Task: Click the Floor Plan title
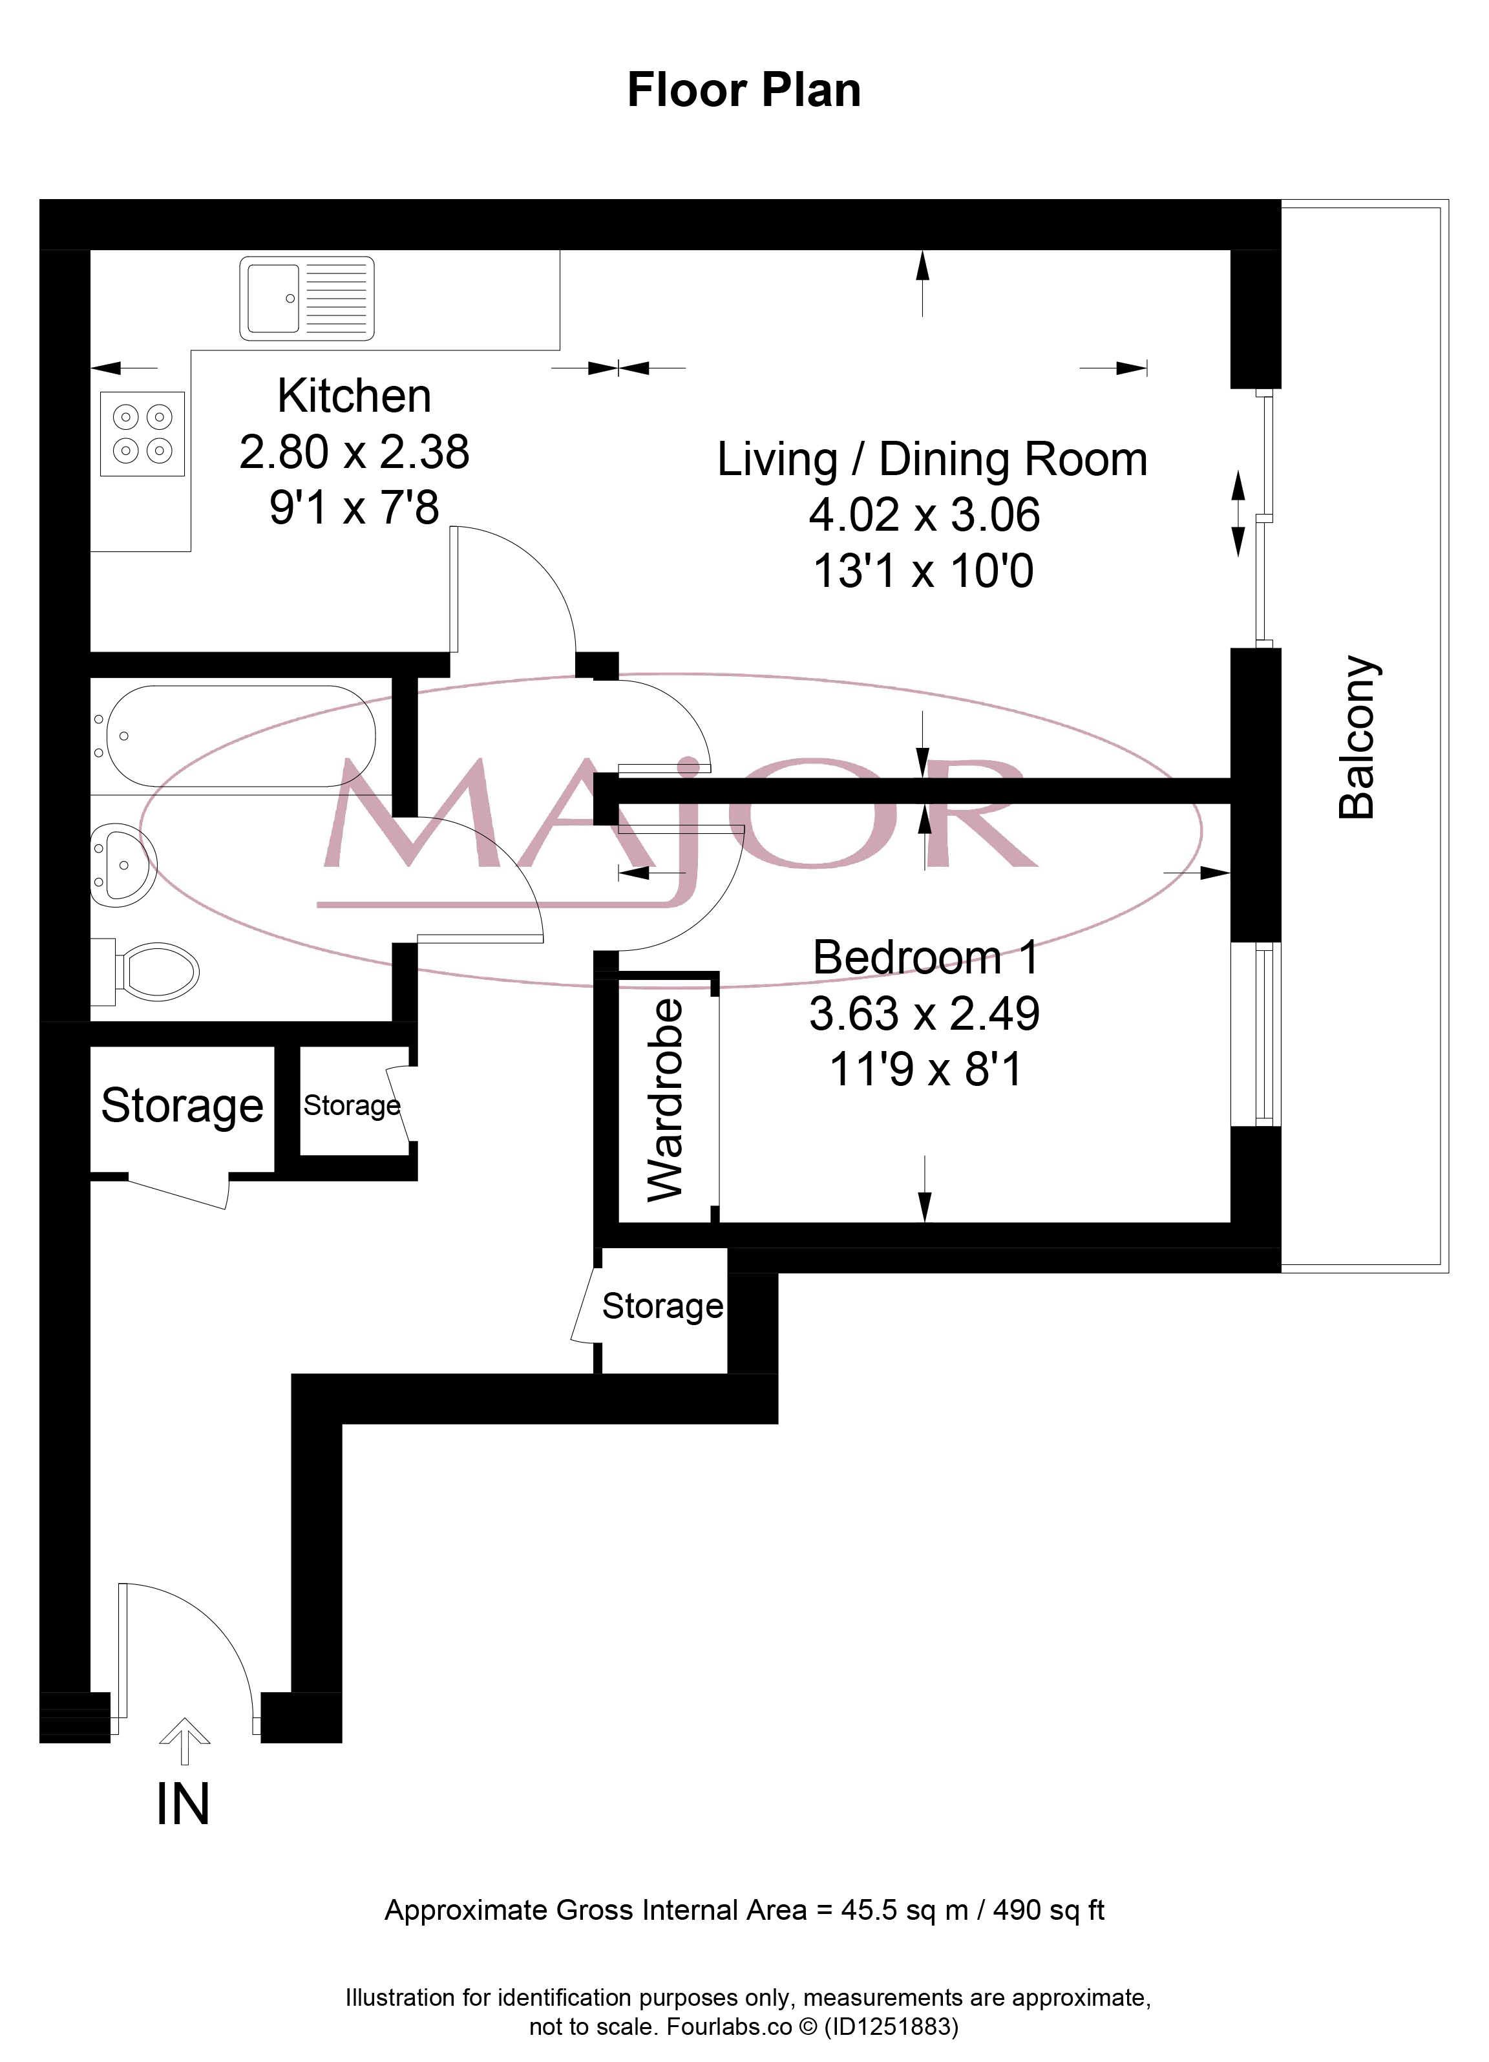pos(744,91)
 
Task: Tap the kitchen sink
pos(307,298)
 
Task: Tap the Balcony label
pos(1357,738)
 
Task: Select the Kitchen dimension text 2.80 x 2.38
pos(355,452)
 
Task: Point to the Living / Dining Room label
pos(932,459)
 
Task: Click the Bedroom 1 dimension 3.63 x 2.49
pos(925,1013)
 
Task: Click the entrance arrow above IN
pos(185,1740)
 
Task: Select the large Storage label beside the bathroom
pos(182,1107)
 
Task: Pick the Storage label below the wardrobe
pos(662,1306)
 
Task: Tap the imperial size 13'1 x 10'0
pos(924,571)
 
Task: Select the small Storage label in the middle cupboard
pos(352,1105)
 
